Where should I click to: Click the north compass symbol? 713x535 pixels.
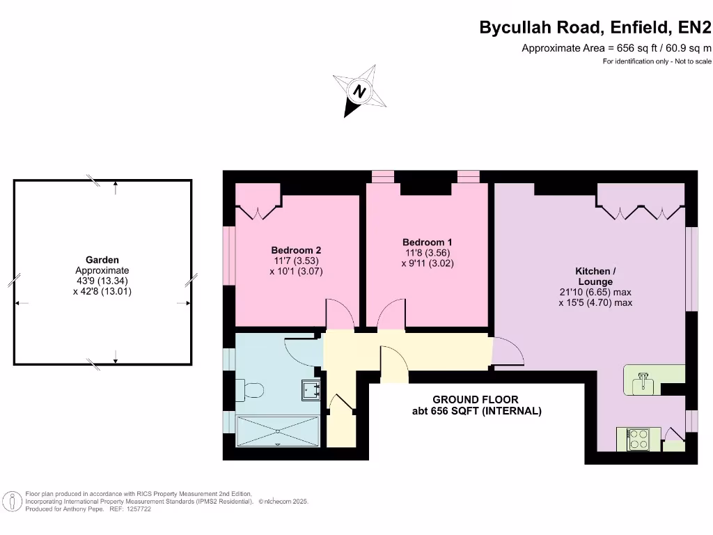[360, 91]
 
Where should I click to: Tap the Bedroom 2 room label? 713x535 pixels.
[296, 250]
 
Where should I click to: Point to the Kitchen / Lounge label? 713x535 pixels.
[595, 276]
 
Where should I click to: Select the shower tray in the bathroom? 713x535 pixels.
[278, 431]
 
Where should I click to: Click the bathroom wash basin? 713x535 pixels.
[311, 390]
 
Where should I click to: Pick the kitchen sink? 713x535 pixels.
[643, 381]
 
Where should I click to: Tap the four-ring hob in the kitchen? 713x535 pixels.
[638, 439]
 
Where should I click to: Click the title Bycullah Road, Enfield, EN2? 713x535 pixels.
[595, 28]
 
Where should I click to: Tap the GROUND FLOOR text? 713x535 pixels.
[476, 399]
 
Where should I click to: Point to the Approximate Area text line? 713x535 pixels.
[616, 48]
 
